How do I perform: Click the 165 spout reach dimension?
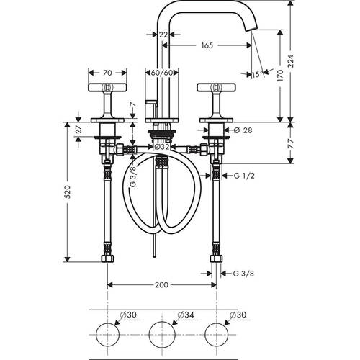pyautogui.click(x=207, y=45)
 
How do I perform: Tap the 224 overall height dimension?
pyautogui.click(x=291, y=61)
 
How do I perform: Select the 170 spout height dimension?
pyautogui.click(x=280, y=75)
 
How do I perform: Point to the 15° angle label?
pyautogui.click(x=256, y=75)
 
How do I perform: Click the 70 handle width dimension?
pyautogui.click(x=107, y=73)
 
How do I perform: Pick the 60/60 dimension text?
pyautogui.click(x=162, y=73)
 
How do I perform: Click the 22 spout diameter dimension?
pyautogui.click(x=163, y=35)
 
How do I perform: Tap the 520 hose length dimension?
pyautogui.click(x=68, y=192)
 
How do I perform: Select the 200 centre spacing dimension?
pyautogui.click(x=161, y=285)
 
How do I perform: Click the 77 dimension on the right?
pyautogui.click(x=291, y=143)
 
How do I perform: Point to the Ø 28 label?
pyautogui.click(x=243, y=130)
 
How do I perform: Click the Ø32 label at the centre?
pyautogui.click(x=162, y=147)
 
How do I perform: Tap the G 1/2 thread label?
pyautogui.click(x=244, y=176)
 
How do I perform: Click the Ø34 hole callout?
pyautogui.click(x=186, y=315)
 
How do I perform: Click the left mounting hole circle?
pyautogui.click(x=107, y=335)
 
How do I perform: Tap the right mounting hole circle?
pyautogui.click(x=216, y=335)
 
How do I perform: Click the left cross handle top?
pyautogui.click(x=107, y=88)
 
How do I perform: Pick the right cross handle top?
pyautogui.click(x=216, y=88)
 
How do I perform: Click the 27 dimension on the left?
pyautogui.click(x=78, y=129)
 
